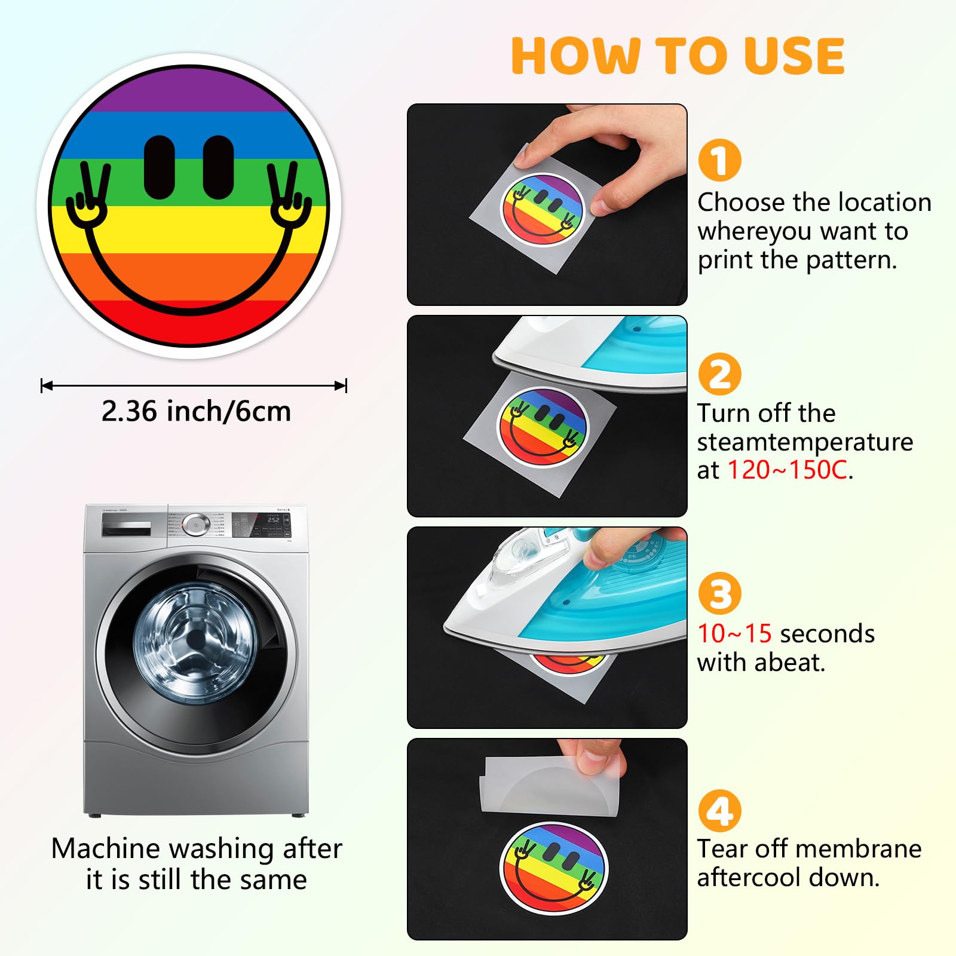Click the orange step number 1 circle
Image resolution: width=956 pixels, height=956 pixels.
719,160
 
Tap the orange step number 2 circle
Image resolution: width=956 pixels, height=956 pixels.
719,374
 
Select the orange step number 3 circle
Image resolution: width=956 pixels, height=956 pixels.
719,593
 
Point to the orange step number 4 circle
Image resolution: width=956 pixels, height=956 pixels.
719,811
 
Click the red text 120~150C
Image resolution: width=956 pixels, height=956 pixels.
788,470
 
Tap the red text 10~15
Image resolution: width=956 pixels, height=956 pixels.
734,633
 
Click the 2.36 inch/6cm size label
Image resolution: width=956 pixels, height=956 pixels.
196,412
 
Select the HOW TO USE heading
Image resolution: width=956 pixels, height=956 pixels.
678,56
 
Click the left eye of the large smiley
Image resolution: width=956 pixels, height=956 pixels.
160,167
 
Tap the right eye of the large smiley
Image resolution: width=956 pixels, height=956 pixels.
218,167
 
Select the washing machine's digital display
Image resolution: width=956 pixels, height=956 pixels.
273,520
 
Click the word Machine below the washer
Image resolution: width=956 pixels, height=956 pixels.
106,848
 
